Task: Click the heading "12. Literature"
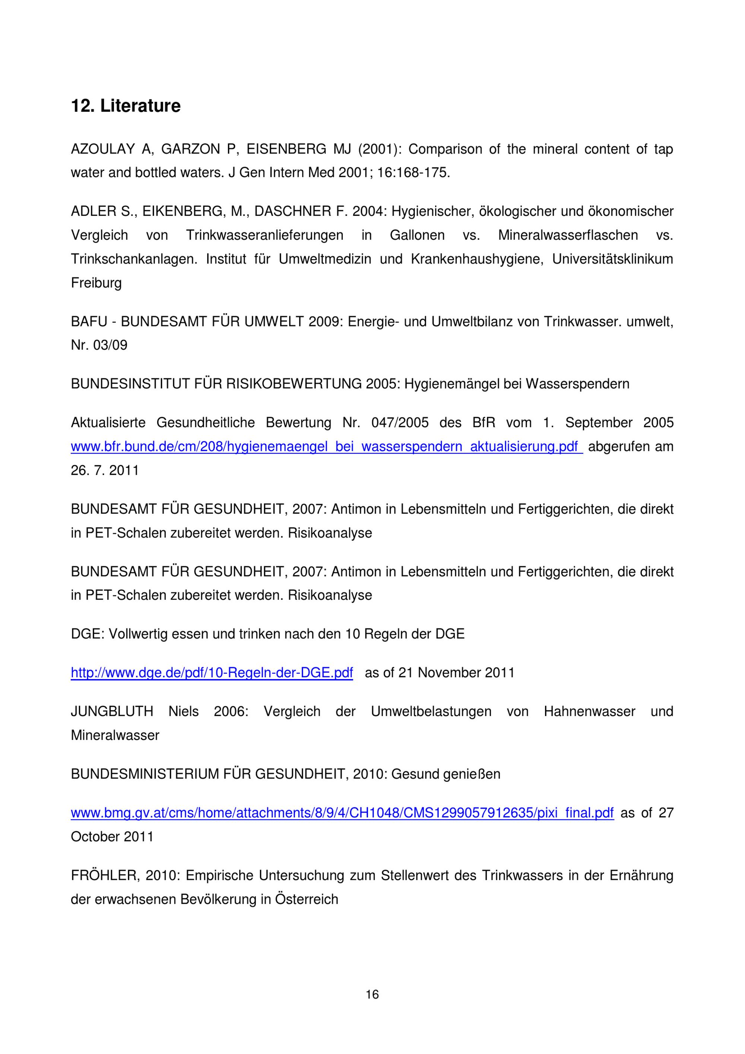(x=125, y=106)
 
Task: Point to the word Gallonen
(x=417, y=236)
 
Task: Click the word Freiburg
(x=96, y=283)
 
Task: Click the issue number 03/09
(x=110, y=345)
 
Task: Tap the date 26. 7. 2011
(x=105, y=470)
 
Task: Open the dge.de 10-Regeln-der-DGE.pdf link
(x=212, y=673)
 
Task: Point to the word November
(x=448, y=673)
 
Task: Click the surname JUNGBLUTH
(x=112, y=712)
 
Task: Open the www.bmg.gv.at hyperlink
(x=342, y=813)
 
